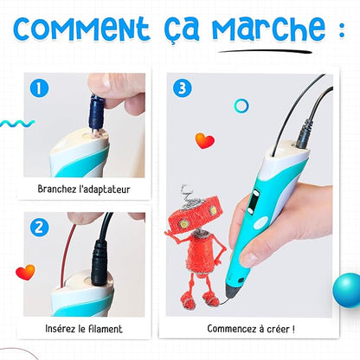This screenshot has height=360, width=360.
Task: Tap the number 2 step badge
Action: coord(38,228)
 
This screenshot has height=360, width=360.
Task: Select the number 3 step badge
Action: coord(183,87)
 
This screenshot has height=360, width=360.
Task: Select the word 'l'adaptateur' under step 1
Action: coord(104,187)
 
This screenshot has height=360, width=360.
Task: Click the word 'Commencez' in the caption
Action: coord(232,329)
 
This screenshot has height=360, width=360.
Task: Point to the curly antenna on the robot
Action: coord(184,196)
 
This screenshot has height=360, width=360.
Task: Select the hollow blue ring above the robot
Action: coord(241,106)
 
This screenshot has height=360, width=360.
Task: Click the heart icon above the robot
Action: coord(204,141)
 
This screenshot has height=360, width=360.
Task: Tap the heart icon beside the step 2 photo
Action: coord(25,272)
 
